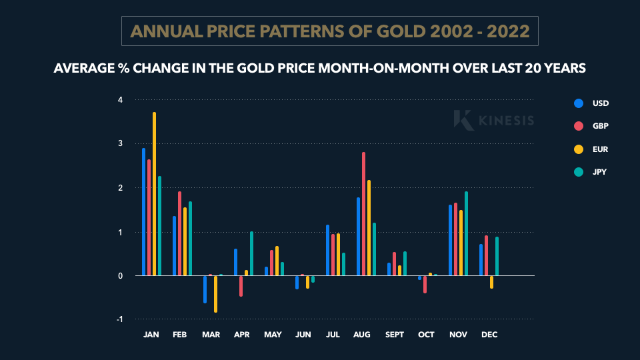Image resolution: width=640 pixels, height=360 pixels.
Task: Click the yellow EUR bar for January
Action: click(x=154, y=193)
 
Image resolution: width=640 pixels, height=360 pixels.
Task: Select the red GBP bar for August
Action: click(x=363, y=213)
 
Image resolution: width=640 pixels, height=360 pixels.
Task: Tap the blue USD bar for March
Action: click(x=205, y=289)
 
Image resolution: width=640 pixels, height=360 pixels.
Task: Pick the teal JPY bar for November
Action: click(x=466, y=233)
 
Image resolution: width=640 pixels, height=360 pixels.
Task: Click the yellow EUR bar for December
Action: click(x=491, y=282)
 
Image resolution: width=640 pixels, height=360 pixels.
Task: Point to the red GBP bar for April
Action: click(x=241, y=285)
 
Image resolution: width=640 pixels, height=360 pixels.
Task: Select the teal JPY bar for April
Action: click(x=251, y=253)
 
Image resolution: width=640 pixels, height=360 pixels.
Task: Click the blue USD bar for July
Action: click(x=327, y=250)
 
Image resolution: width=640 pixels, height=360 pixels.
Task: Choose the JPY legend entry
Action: click(x=592, y=171)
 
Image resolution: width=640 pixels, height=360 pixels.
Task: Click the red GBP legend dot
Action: click(x=579, y=126)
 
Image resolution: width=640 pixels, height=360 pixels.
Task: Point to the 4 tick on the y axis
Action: click(x=120, y=100)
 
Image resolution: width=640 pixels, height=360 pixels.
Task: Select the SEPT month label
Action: click(x=395, y=334)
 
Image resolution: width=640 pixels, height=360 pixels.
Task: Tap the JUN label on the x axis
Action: click(x=303, y=334)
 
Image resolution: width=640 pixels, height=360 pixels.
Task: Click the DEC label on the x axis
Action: click(x=489, y=334)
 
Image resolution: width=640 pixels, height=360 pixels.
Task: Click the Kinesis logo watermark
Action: click(x=494, y=120)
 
